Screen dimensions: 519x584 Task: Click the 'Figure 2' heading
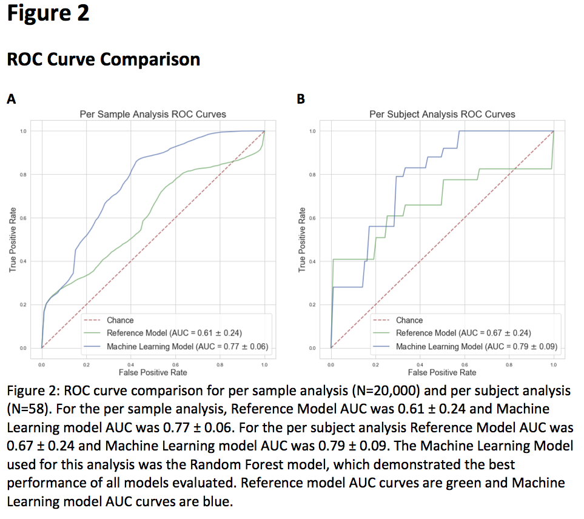pos(49,13)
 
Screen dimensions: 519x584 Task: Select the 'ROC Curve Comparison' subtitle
pos(103,59)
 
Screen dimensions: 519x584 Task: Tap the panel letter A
pos(12,100)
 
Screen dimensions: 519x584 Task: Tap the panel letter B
pos(301,100)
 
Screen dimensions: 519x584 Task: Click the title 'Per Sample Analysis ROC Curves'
pos(153,114)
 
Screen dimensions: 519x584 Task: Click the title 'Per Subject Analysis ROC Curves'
pos(442,114)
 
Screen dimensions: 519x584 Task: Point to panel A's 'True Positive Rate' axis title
pos(13,239)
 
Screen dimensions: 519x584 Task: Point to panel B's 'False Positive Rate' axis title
pos(442,372)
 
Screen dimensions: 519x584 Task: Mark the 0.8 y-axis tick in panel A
pos(24,175)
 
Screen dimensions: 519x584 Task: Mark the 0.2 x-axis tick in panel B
pos(375,365)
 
